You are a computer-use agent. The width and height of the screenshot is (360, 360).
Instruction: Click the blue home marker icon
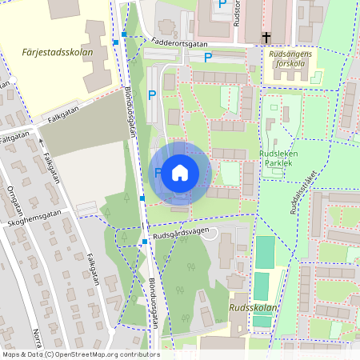[x=180, y=172]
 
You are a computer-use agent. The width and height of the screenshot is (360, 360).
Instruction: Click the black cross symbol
[x=266, y=38]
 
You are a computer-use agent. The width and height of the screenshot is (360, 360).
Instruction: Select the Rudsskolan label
[x=253, y=307]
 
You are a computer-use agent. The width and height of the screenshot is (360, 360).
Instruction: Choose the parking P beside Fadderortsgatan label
[x=208, y=58]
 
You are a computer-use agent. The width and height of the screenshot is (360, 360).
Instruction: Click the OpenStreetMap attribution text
[x=80, y=354]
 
